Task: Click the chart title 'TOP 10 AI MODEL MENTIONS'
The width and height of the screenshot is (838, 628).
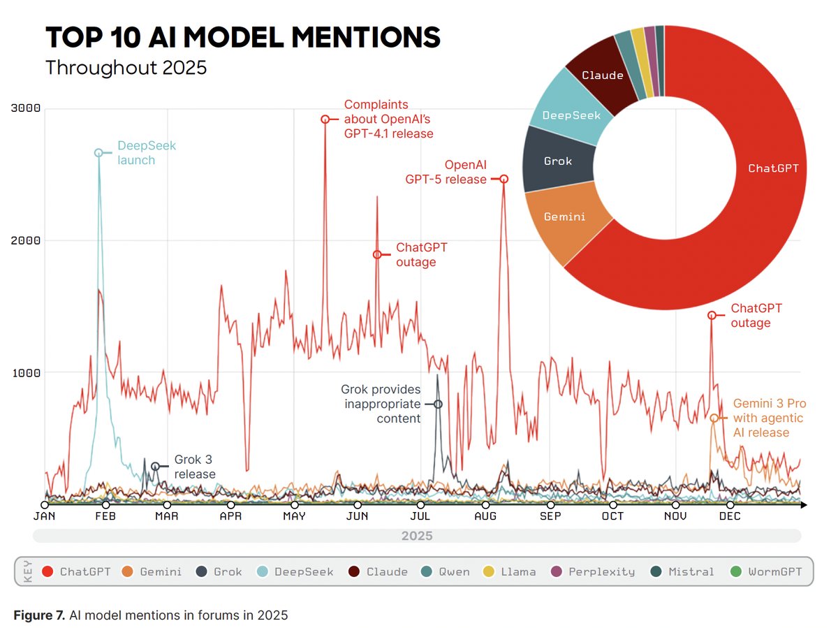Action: [x=242, y=37]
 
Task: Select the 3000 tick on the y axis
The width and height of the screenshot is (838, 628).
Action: [x=27, y=108]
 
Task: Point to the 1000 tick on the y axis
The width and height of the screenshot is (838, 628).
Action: [x=27, y=372]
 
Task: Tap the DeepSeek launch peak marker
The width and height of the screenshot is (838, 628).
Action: [x=98, y=153]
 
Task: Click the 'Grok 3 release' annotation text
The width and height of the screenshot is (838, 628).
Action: [x=194, y=467]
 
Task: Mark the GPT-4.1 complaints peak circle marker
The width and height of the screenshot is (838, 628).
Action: [x=325, y=119]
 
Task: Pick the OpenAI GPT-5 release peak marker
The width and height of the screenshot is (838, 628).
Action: [x=503, y=180]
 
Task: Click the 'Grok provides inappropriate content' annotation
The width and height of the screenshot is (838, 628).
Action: [x=381, y=404]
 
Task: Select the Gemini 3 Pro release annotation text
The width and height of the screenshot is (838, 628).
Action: [x=761, y=418]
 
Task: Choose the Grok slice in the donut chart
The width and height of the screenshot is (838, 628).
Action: [x=557, y=161]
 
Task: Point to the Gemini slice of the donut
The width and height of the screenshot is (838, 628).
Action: [x=564, y=217]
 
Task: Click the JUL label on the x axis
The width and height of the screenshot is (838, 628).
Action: [x=420, y=516]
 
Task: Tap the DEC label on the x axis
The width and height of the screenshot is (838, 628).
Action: [x=730, y=516]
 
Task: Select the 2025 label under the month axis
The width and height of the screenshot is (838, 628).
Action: [x=416, y=536]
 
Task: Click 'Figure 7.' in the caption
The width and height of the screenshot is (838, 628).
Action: [x=39, y=615]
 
